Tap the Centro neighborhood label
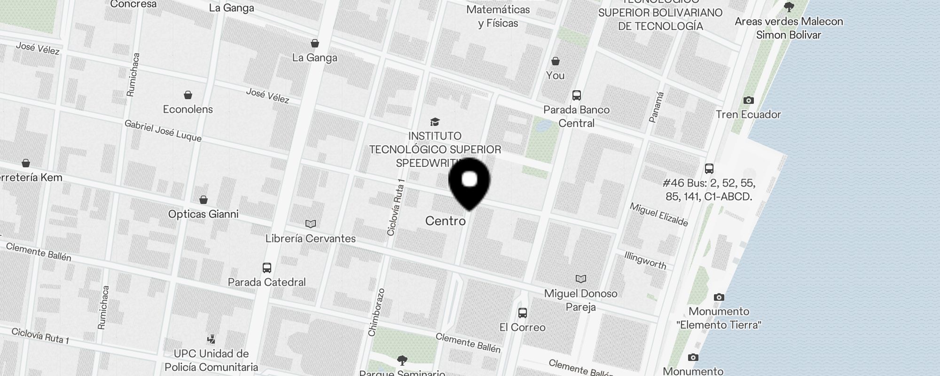445,221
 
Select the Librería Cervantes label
310,238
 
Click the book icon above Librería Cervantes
311,224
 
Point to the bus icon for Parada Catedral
267,268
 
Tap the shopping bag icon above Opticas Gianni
204,200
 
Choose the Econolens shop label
188,109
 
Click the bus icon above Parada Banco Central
577,95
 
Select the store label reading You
555,75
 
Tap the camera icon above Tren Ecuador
749,100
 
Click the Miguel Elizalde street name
659,214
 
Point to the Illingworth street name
645,260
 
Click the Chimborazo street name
377,312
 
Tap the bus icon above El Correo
522,313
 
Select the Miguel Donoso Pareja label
580,300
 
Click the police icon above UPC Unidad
211,339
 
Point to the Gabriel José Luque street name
163,131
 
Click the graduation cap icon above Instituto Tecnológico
435,122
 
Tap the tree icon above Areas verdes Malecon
789,7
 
